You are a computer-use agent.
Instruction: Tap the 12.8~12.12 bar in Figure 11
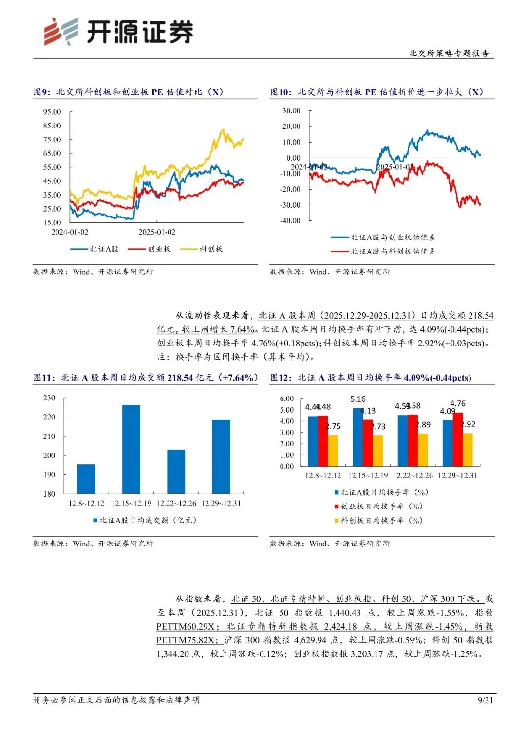pyautogui.click(x=86, y=479)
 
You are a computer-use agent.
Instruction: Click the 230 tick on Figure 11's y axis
pyautogui.click(x=49, y=398)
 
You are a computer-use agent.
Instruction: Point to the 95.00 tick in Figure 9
pyautogui.click(x=52, y=112)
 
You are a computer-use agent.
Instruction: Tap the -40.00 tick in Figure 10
pyautogui.click(x=290, y=220)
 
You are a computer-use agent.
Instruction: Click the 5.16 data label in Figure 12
pyautogui.click(x=358, y=399)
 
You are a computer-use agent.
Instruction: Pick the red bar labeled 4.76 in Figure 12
pyautogui.click(x=457, y=439)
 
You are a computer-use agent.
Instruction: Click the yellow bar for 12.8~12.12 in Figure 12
pyautogui.click(x=333, y=450)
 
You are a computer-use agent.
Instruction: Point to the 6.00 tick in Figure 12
pyautogui.click(x=287, y=399)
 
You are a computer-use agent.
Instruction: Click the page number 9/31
pyautogui.click(x=485, y=700)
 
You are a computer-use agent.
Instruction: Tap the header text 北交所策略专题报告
pyautogui.click(x=449, y=53)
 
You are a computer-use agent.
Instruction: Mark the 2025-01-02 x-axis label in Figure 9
pyautogui.click(x=157, y=232)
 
